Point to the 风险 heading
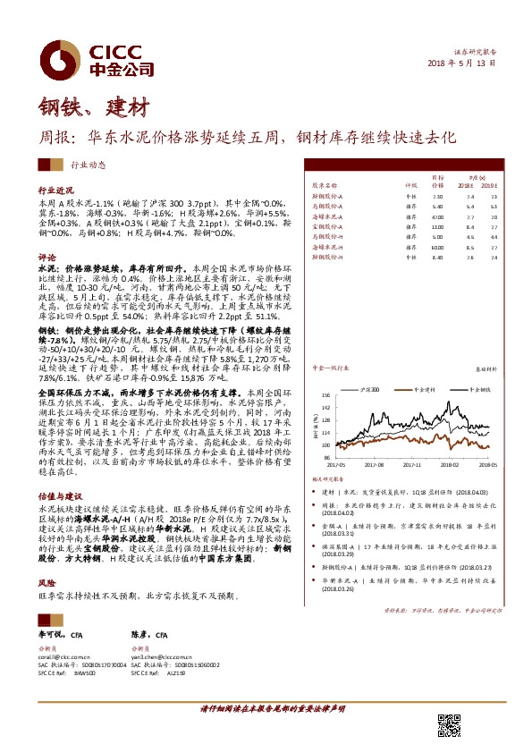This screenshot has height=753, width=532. pos(47,556)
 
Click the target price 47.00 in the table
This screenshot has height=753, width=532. pos(437,216)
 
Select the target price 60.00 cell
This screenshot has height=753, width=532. pos(437,246)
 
